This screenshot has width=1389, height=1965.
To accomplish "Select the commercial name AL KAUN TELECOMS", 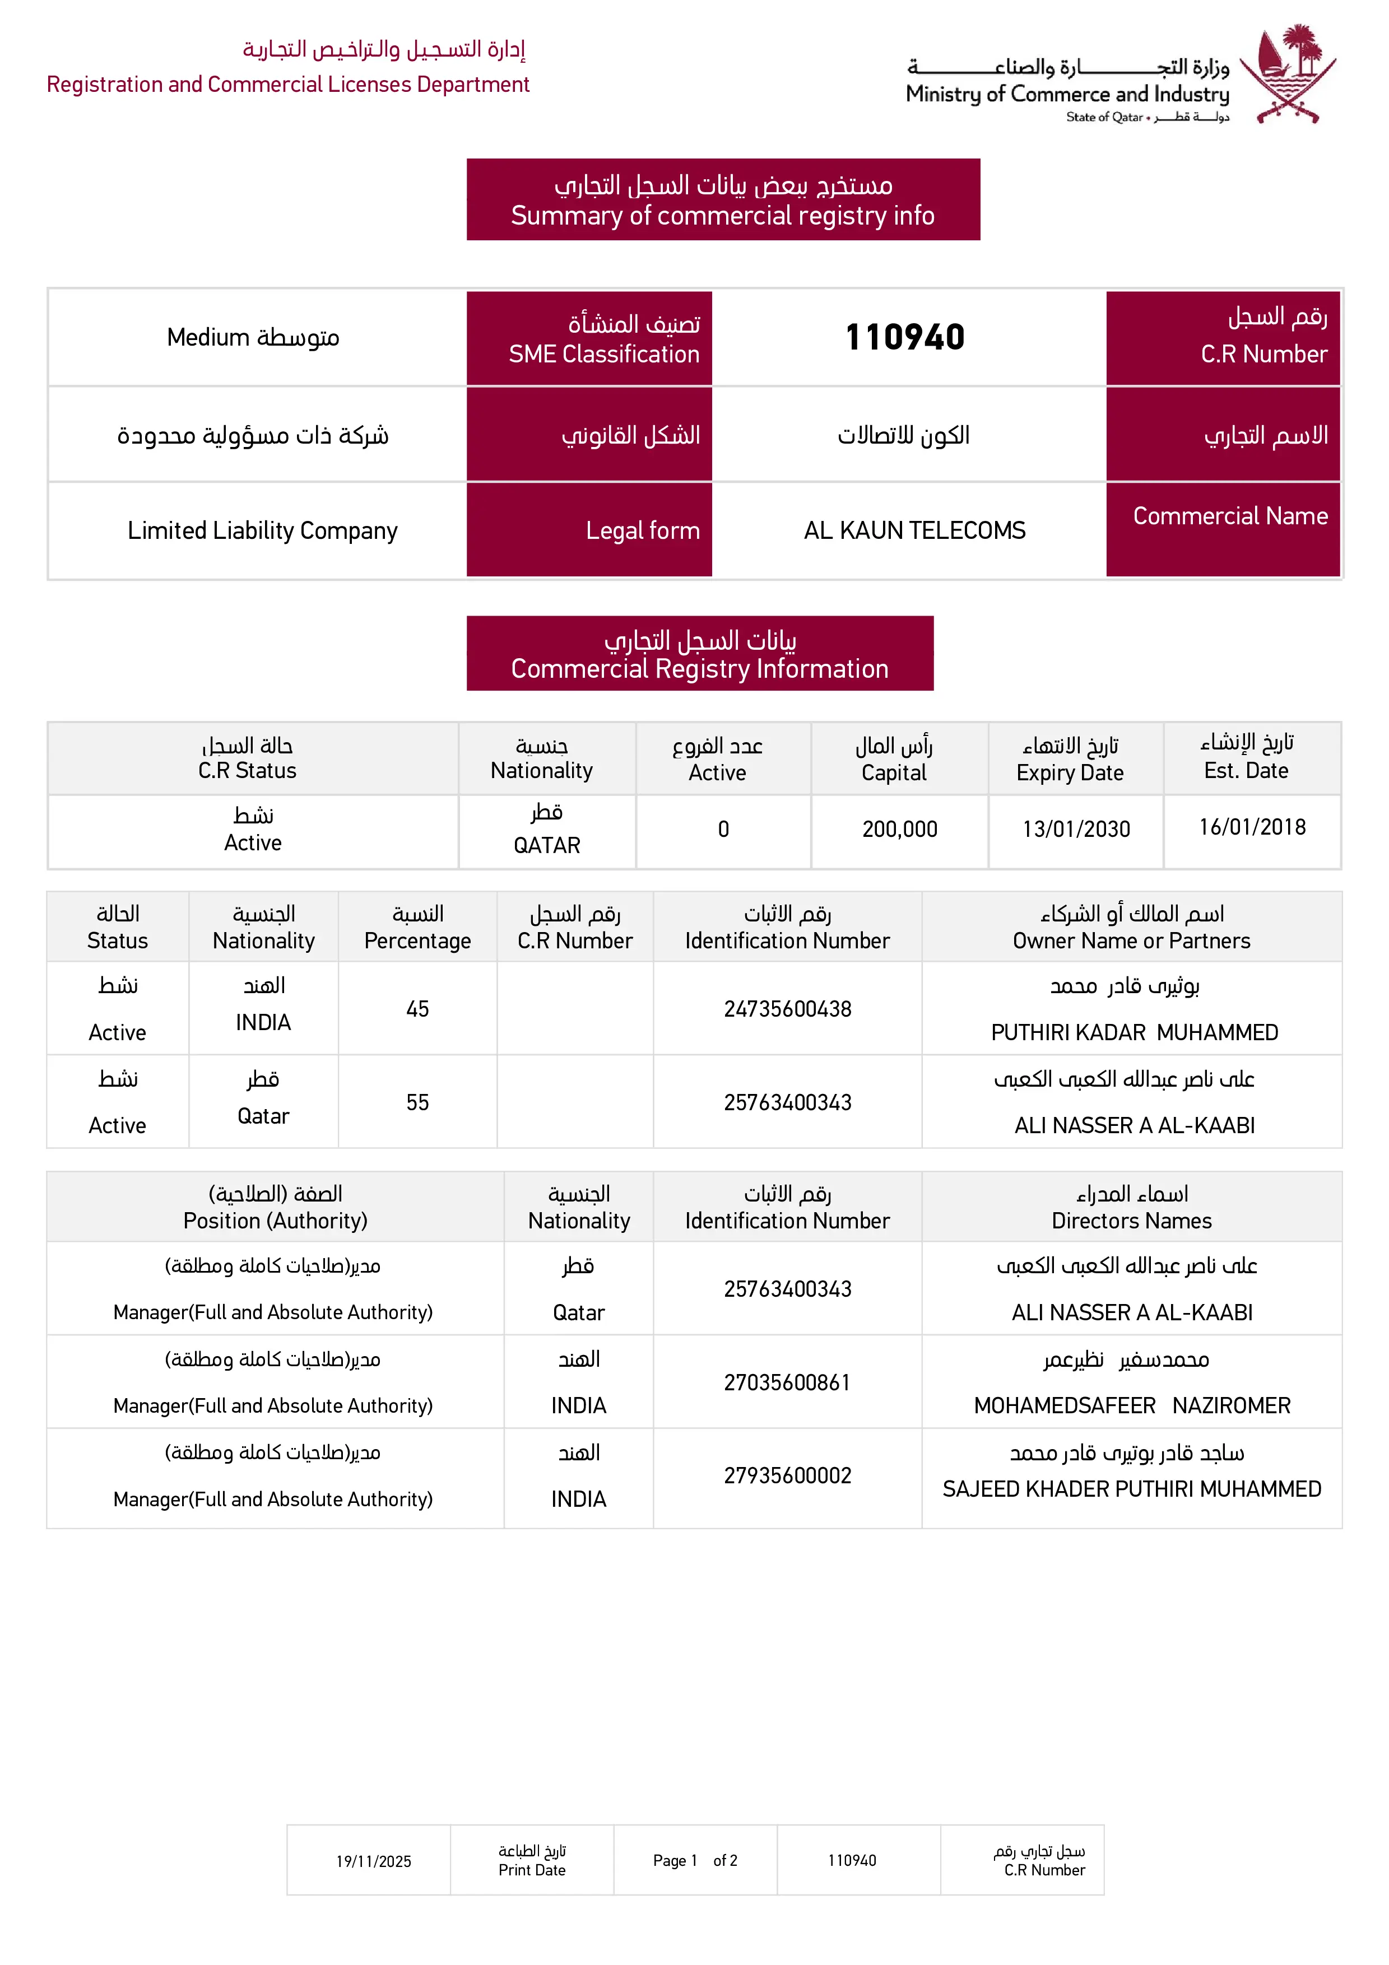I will point(914,530).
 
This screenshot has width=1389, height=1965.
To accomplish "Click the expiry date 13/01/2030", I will point(1076,828).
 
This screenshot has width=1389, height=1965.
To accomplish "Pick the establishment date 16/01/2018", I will point(1252,827).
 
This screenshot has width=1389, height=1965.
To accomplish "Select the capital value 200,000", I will point(899,828).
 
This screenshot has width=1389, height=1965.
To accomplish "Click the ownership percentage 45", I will point(417,1009).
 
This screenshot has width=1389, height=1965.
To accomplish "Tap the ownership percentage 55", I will point(417,1102).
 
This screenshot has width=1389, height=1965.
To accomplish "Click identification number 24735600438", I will point(787,1009).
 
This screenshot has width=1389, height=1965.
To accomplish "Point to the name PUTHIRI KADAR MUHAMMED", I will point(1134,1032).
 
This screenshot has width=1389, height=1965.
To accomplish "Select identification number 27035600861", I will point(787,1382).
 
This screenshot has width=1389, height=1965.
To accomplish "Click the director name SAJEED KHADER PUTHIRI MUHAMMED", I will point(1131,1489).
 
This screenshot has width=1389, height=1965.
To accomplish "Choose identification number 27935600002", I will point(787,1475).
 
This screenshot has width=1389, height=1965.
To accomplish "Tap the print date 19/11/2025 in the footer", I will point(373,1861).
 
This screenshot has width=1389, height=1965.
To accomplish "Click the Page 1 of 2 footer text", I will point(695,1861).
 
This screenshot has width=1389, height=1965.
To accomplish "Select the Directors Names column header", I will point(1131,1221).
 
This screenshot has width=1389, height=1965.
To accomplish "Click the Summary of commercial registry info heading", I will point(722,216).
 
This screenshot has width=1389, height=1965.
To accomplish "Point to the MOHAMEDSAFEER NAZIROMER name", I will point(1131,1405).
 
